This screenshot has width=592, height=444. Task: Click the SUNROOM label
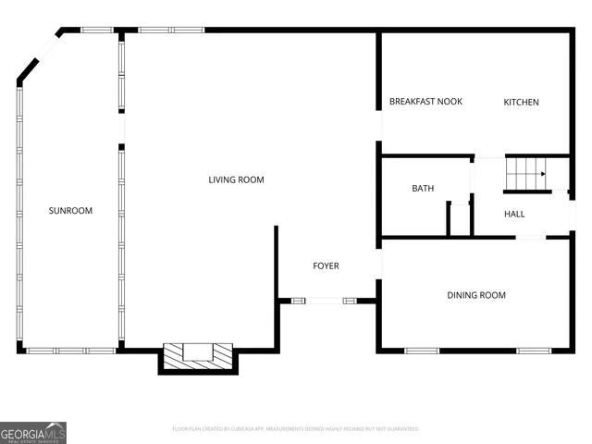coord(70,211)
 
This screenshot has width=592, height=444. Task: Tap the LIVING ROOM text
coord(236,179)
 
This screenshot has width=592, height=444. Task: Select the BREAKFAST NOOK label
coord(425,102)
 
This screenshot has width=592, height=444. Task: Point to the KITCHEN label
coord(521,102)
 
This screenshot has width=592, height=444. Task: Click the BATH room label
coord(423,189)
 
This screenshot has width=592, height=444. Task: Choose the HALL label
coord(514,214)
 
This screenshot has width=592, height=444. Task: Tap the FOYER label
coord(326,266)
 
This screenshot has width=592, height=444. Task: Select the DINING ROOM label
coord(476,295)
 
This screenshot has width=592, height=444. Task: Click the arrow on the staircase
coord(542,174)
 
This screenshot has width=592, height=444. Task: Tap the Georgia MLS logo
coord(33,432)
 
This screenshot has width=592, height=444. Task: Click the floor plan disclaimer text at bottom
coord(296,429)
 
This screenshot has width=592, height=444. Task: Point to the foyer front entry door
coord(318,300)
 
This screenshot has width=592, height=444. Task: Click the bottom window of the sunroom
coord(70,351)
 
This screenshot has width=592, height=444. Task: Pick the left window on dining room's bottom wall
coord(422,351)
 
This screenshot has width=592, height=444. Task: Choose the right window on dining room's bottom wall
coord(534,351)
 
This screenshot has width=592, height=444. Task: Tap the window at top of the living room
coord(171,30)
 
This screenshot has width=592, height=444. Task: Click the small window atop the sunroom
coord(97,30)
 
